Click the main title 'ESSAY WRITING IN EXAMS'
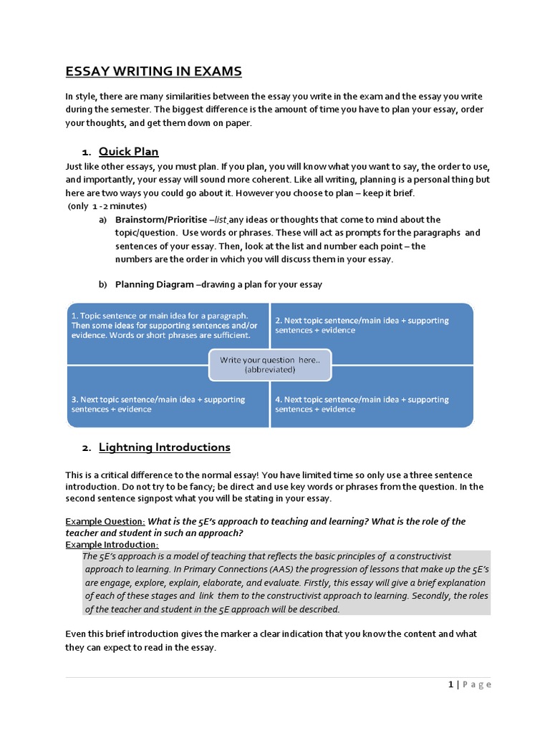point(154,72)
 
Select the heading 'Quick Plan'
point(128,152)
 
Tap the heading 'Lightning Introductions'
point(164,447)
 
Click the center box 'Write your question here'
point(269,365)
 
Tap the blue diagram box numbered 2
point(372,333)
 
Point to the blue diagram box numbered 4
point(372,397)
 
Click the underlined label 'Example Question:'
point(105,522)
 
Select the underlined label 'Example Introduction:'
point(112,545)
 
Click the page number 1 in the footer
point(450,685)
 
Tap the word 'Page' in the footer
point(476,685)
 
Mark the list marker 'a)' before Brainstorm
point(102,220)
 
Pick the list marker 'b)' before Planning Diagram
point(102,284)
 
